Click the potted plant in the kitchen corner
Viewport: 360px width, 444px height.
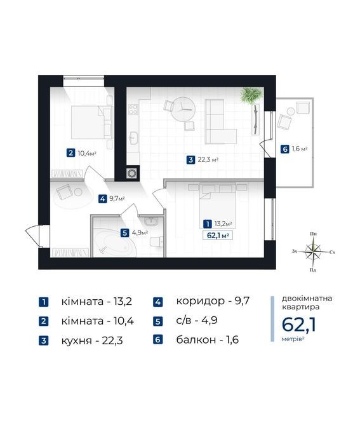(x=251, y=95)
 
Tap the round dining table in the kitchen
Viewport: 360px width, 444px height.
(x=183, y=109)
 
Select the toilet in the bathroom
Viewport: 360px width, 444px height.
(x=157, y=241)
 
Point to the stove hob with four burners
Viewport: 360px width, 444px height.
(x=133, y=110)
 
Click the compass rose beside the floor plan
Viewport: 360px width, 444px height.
(x=313, y=252)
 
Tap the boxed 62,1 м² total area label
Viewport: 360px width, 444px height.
(x=218, y=235)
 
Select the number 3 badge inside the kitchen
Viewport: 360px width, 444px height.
(x=190, y=160)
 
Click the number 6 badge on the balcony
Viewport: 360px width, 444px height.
(x=284, y=149)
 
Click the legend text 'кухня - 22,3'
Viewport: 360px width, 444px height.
(x=92, y=340)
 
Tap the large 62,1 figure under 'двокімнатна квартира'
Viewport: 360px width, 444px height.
(x=299, y=325)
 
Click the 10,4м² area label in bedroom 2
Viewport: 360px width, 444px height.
(x=87, y=154)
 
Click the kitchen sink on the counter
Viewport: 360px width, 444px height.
(x=132, y=138)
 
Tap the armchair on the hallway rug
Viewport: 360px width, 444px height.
(x=63, y=192)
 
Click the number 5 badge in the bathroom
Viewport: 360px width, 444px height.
(x=124, y=233)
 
